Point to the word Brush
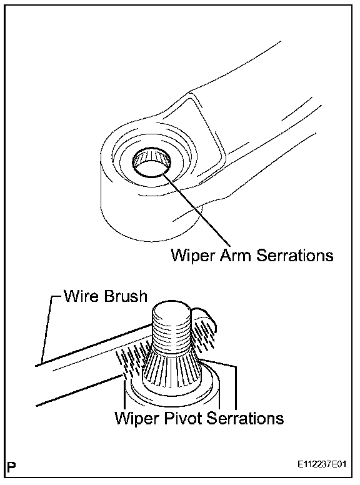click(126, 296)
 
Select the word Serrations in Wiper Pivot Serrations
click(244, 418)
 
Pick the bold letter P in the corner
click(11, 467)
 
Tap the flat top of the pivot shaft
click(172, 309)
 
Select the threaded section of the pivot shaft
click(172, 332)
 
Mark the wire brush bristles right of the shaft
click(204, 334)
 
